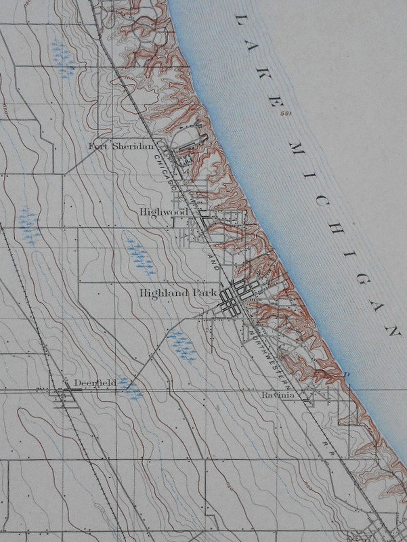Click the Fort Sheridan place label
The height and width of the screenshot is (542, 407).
point(121,146)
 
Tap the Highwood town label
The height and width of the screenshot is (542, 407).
point(163,212)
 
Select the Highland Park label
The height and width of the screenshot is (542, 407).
point(177,292)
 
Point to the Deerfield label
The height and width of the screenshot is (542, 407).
point(95,383)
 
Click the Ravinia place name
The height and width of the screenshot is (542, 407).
point(278,395)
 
